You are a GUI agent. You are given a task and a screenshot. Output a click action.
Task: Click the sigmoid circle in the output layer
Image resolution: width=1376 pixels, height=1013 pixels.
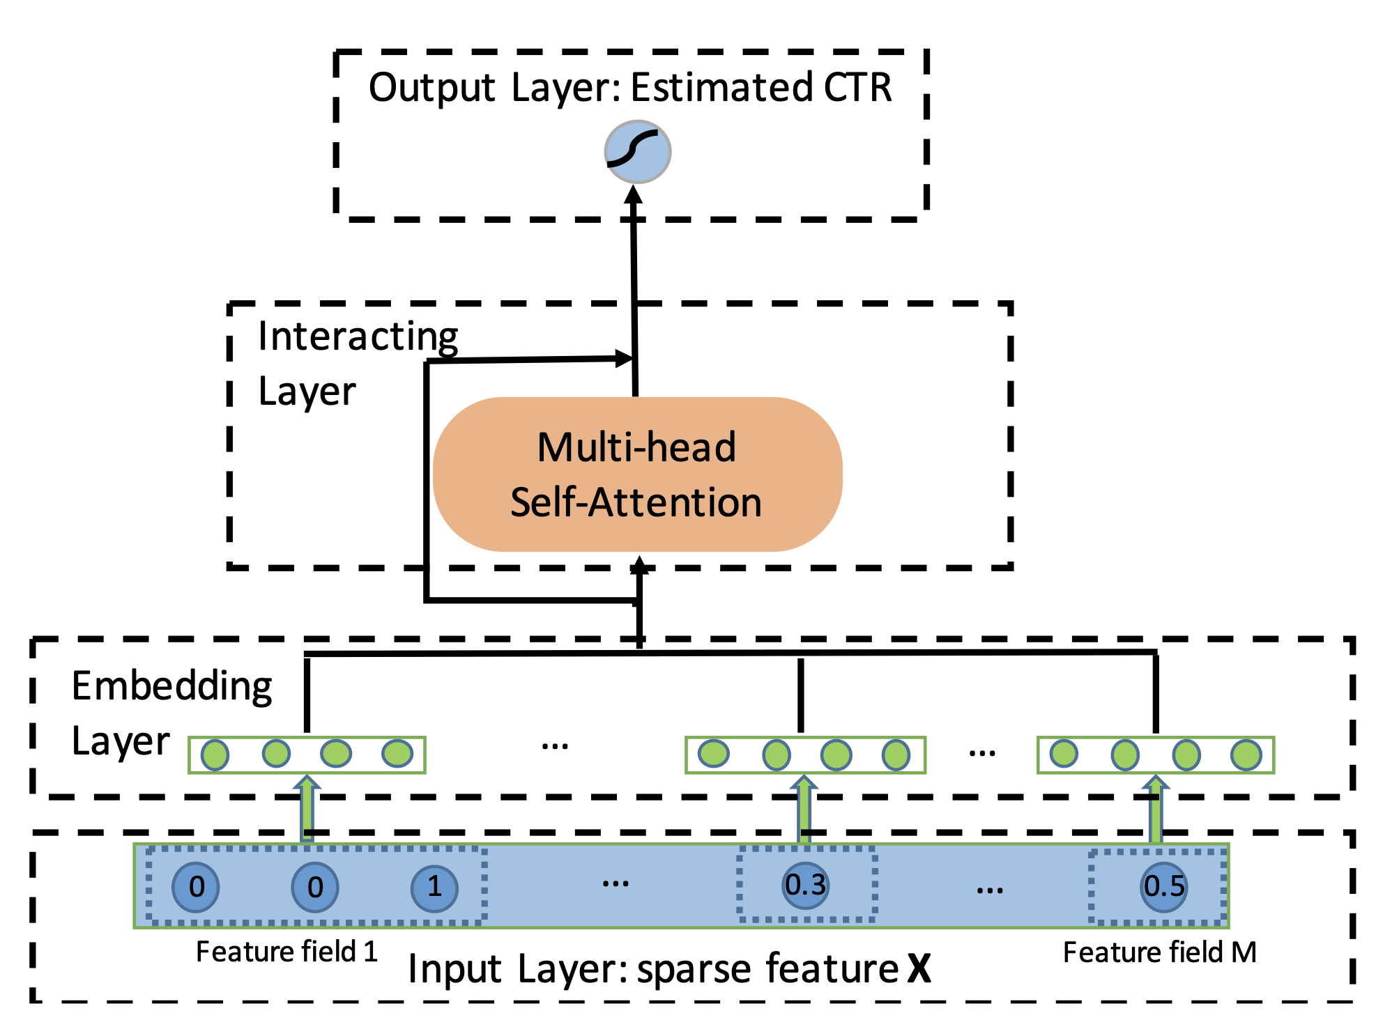pos(637,152)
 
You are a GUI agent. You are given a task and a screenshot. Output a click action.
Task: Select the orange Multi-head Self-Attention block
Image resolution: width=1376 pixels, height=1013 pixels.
pos(637,474)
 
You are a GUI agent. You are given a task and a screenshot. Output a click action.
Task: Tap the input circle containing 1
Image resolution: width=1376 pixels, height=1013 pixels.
pos(434,887)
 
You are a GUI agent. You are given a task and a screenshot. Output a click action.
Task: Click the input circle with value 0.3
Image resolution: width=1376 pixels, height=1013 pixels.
pos(805,885)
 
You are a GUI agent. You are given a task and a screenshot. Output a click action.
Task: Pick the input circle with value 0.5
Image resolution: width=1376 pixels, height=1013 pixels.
pos(1164,886)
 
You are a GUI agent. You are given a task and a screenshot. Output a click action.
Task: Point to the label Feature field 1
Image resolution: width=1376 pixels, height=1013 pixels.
pos(286,952)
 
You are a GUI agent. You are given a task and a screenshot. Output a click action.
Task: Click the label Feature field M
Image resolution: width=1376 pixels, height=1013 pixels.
pos(1159,952)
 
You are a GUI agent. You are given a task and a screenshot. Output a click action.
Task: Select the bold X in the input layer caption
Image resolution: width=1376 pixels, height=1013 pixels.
pos(919,968)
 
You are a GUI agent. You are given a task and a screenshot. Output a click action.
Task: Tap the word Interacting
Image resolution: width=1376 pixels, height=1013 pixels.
pos(358,337)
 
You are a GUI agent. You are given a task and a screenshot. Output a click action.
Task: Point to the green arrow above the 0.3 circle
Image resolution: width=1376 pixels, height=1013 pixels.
pos(804,810)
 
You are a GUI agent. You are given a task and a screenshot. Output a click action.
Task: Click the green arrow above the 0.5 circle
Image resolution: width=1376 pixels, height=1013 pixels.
pos(1156,810)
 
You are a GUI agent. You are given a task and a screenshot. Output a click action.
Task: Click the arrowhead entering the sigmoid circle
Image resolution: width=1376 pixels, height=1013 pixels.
pos(634,194)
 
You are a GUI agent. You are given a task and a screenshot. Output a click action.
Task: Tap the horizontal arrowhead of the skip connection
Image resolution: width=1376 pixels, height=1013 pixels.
pos(625,359)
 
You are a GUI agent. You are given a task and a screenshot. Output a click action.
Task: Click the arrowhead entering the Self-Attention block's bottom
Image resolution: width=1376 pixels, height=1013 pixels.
pos(639,565)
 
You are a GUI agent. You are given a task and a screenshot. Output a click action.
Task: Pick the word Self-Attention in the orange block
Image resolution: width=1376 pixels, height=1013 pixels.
pos(636,502)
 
